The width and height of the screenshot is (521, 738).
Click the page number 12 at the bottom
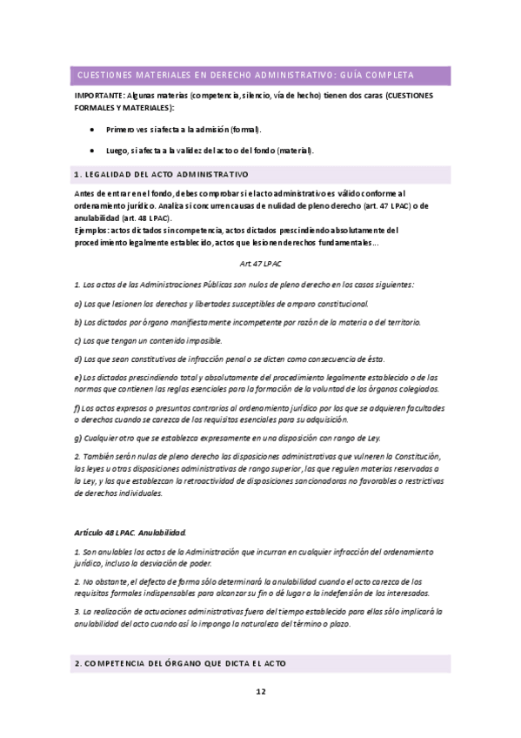pyautogui.click(x=260, y=692)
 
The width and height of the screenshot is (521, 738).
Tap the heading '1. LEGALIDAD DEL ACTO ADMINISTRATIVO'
pyautogui.click(x=162, y=174)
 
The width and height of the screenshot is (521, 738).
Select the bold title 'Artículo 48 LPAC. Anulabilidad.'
pyautogui.click(x=130, y=531)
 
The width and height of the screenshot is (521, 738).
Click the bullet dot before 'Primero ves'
pyautogui.click(x=92, y=129)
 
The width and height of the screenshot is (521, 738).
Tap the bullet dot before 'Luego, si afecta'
pyautogui.click(x=92, y=150)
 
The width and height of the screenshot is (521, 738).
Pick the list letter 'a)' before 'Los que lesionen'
pyautogui.click(x=78, y=303)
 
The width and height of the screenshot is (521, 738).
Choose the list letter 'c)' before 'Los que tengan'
pyautogui.click(x=78, y=340)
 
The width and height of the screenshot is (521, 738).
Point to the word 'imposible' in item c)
pyautogui.click(x=180, y=340)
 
